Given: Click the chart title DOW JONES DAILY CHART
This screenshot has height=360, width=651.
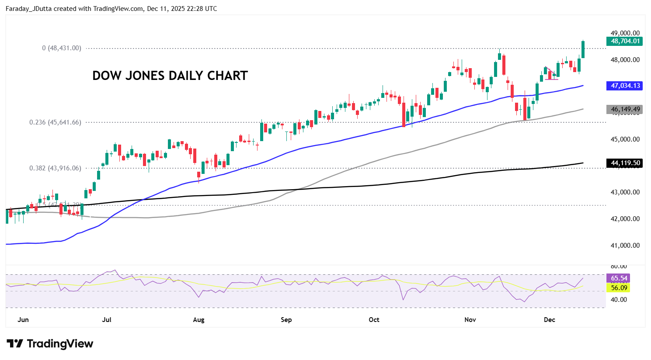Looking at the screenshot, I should click(x=170, y=76).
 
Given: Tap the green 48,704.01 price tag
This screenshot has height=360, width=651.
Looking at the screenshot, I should click(x=624, y=41).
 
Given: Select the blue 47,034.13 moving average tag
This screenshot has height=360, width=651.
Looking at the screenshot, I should click(x=624, y=86).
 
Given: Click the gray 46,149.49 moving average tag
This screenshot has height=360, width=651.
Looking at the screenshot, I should click(x=624, y=110).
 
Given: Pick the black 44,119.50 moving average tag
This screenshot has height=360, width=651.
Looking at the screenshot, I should click(x=624, y=163).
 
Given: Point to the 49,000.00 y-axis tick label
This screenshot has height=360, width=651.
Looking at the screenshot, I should click(x=625, y=33).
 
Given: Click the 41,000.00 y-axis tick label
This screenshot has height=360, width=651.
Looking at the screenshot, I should click(x=625, y=246).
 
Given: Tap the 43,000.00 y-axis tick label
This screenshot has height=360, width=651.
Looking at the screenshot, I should click(x=625, y=192).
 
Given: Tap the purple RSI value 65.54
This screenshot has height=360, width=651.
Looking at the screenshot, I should click(x=619, y=278).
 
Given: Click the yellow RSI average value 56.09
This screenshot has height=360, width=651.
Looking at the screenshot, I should click(x=619, y=287).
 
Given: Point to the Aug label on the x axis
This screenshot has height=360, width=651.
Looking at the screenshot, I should click(x=198, y=320).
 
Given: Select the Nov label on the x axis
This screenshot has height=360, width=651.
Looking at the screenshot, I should click(x=470, y=320).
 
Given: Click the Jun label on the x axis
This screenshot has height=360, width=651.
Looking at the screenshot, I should click(x=23, y=320).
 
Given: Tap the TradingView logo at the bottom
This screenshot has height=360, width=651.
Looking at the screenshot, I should click(x=50, y=344).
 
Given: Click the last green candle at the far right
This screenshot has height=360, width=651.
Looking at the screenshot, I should click(x=583, y=49).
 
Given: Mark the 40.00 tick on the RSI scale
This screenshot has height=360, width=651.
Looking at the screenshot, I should click(x=619, y=300).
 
